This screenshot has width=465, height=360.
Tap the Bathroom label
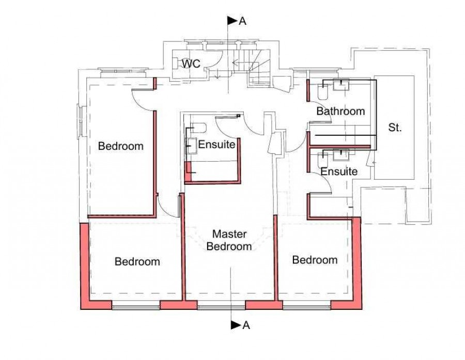pos(340,111)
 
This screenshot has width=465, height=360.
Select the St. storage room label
pos(395,128)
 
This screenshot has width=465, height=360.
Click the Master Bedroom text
pos(229,240)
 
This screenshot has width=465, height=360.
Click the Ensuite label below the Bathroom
pos(338,171)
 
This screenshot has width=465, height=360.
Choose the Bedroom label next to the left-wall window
pos(120,146)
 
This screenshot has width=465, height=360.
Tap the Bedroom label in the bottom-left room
pos(137,261)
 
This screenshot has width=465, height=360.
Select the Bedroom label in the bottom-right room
pos(315,260)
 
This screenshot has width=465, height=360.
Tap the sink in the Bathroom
pos(342,85)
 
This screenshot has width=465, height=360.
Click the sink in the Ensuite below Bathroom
pos(342,153)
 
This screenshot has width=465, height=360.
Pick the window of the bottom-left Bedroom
pos(135,307)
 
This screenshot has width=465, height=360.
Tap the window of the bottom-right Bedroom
pos(306,307)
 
